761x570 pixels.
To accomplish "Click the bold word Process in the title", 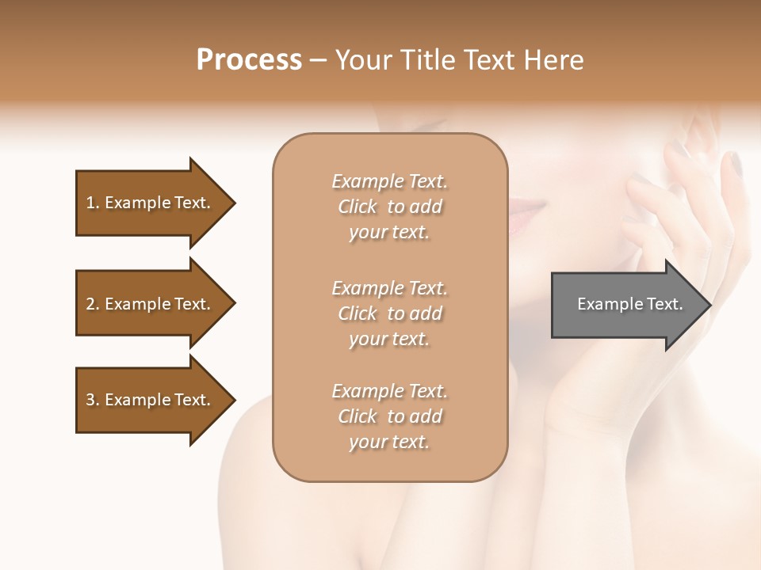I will point(249,60).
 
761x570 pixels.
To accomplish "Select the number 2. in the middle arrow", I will point(93,304).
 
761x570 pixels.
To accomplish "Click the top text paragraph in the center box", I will point(389,207).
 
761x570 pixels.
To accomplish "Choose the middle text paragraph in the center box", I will point(389,313).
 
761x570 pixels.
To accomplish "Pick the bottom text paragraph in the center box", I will point(389,416).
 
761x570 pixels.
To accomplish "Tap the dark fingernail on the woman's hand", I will point(735,164).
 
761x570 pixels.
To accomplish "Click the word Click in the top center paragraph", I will point(358,207).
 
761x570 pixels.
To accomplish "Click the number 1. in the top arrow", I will point(93,203).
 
